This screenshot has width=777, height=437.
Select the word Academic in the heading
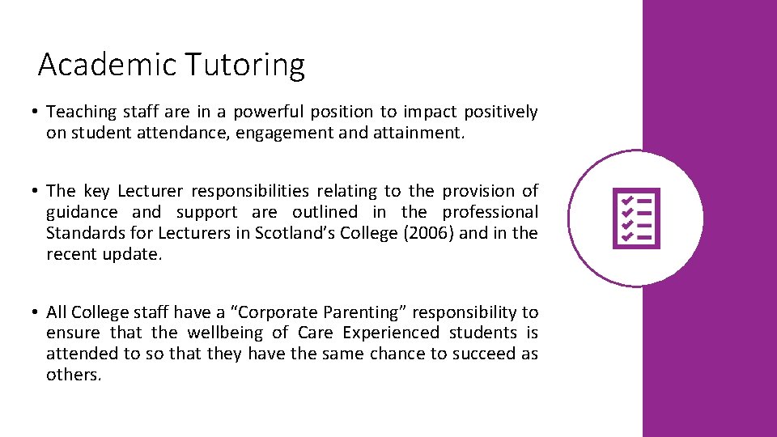click(x=108, y=65)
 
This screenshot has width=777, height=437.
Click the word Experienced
click(x=391, y=333)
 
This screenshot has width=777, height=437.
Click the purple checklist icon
click(x=637, y=218)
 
